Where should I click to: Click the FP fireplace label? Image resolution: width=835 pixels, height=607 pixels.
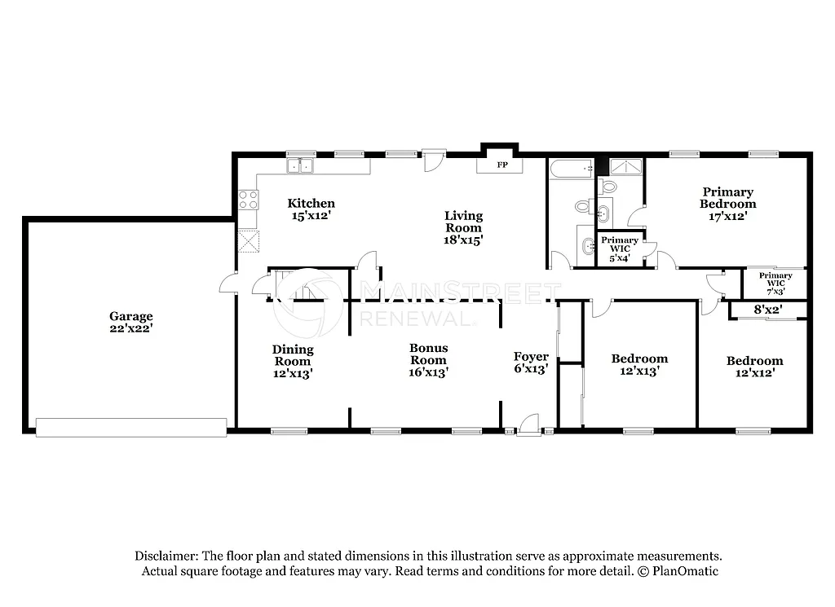click(502, 165)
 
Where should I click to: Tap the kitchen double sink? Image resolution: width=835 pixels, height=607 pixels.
click(301, 166)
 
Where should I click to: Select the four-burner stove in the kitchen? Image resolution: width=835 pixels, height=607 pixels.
click(248, 200)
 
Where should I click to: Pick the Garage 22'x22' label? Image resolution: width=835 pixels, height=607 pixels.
click(131, 323)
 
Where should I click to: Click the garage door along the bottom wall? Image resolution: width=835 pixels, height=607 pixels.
click(131, 427)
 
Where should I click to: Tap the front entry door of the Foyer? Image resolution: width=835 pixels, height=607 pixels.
click(528, 424)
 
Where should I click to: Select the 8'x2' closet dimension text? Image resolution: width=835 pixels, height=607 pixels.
click(767, 310)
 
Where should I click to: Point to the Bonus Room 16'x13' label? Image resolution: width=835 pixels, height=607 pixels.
click(428, 360)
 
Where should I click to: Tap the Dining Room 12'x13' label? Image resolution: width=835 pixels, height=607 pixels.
click(292, 362)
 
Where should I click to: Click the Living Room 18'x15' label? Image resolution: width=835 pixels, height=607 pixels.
click(463, 227)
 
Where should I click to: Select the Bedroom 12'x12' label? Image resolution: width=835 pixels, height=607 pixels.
click(754, 367)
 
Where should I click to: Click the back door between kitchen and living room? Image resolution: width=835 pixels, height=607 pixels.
click(434, 159)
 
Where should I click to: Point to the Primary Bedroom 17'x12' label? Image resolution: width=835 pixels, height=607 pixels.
click(727, 205)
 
